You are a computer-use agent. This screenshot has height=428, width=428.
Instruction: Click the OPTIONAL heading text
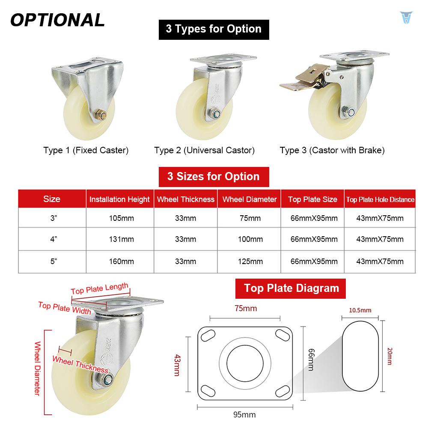click(57, 20)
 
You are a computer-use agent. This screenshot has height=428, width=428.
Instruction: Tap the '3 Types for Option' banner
click(214, 29)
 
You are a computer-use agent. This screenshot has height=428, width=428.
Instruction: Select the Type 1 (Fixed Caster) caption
click(86, 150)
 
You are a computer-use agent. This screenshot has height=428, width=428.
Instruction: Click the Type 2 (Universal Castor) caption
click(205, 150)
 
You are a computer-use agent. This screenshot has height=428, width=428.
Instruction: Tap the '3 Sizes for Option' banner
click(214, 177)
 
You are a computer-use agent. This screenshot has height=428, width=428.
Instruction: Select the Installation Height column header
click(119, 199)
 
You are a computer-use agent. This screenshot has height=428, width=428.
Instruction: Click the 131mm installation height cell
click(119, 240)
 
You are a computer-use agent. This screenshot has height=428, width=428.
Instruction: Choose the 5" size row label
click(53, 261)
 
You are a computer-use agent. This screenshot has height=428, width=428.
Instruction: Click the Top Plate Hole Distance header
click(380, 199)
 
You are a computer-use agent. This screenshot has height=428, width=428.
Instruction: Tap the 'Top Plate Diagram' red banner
click(291, 288)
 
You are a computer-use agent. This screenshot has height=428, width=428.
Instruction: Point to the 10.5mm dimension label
click(360, 310)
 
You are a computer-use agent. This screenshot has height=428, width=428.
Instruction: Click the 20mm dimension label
click(389, 356)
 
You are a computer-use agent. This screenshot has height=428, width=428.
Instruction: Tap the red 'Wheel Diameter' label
click(37, 368)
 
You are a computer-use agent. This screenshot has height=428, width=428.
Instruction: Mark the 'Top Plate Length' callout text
click(100, 289)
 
